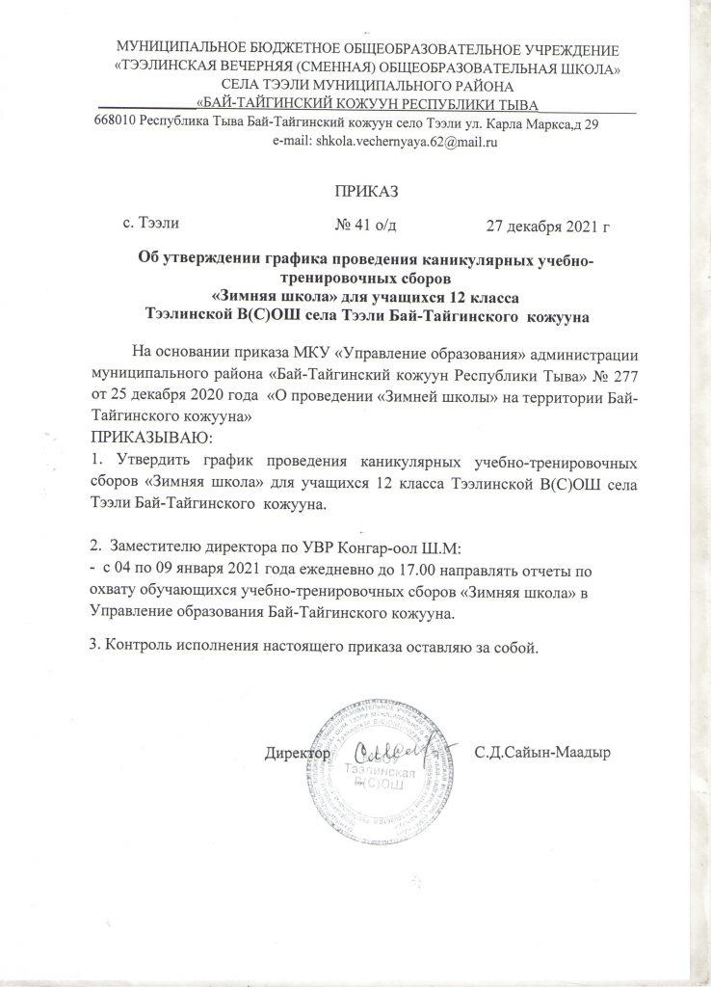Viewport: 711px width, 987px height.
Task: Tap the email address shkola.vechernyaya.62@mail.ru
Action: click(x=400, y=142)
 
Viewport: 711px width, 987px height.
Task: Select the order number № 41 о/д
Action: click(x=366, y=227)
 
